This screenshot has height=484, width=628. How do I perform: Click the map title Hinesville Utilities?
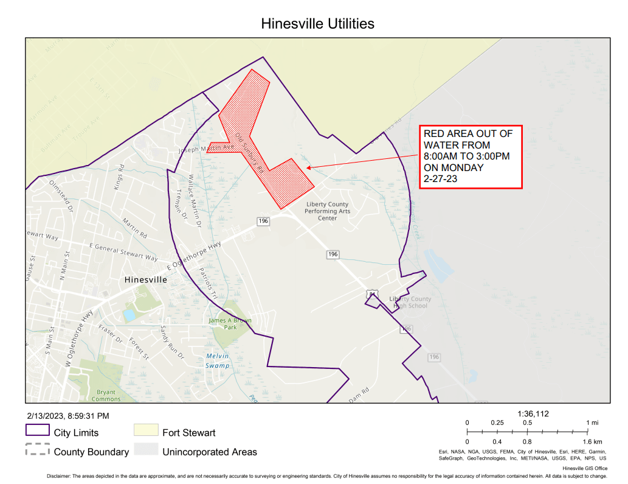tap(317, 24)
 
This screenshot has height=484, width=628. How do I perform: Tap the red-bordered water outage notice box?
tap(471, 158)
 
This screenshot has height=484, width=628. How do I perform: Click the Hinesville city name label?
tap(145, 280)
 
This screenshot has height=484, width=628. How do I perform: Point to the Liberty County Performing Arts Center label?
tap(327, 211)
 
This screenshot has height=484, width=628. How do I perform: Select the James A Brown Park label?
tap(230, 323)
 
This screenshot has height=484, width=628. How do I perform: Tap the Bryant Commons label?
tap(106, 396)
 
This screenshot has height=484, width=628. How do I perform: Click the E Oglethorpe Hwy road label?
tap(194, 256)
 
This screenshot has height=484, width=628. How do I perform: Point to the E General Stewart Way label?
tap(123, 251)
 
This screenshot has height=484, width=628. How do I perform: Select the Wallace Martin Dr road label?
tap(194, 202)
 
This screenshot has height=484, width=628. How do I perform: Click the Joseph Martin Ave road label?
tap(206, 147)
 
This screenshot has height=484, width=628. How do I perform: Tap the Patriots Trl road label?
tap(208, 283)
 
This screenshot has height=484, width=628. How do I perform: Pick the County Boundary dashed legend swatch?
tap(37, 451)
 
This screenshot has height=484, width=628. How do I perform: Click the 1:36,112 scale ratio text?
tap(533, 413)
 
